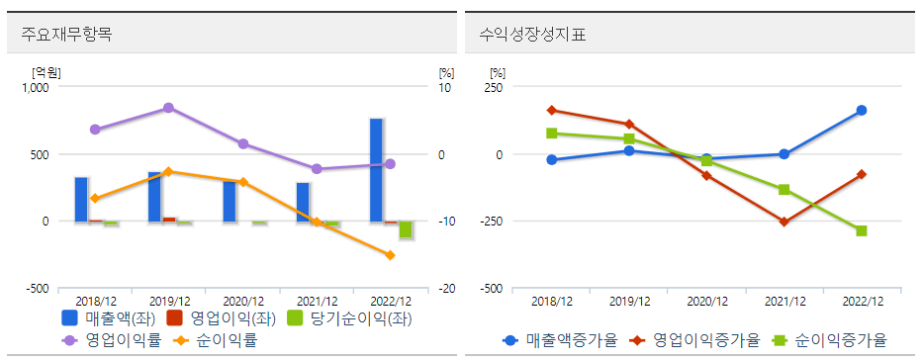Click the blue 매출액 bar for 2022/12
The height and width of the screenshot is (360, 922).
pos(376,170)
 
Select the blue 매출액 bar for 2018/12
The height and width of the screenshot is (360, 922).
pos(81,199)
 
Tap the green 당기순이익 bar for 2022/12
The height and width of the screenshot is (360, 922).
pos(405,229)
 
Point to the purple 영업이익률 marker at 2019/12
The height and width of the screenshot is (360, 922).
pos(168,107)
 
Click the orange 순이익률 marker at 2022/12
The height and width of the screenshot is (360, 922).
pos(390,255)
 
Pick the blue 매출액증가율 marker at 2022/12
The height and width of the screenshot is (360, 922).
pos(861,110)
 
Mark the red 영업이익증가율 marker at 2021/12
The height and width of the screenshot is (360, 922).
pos(784,222)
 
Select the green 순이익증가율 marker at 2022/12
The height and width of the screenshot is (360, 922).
pos(861,230)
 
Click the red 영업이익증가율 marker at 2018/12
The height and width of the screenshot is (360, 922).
pos(552,110)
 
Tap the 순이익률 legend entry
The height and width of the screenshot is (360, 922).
pos(219,340)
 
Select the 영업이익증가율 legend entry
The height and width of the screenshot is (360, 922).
pos(691,340)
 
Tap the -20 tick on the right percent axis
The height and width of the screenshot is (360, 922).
pos(446,288)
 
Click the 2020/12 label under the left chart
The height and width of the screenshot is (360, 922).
pos(242,301)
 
